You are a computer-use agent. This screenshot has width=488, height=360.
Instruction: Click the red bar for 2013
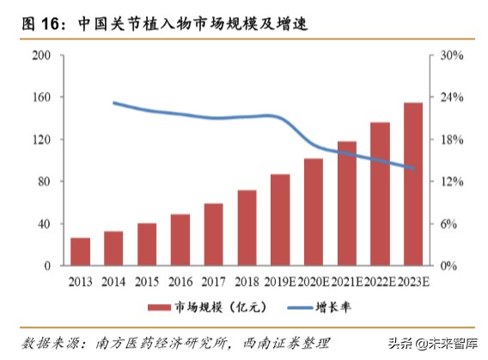[80, 252]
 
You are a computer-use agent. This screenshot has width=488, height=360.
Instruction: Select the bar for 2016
[180, 240]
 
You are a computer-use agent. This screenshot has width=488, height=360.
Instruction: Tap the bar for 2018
[247, 228]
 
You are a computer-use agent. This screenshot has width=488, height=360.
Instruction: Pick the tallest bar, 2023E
[413, 184]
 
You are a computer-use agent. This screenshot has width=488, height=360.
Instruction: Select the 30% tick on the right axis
[453, 56]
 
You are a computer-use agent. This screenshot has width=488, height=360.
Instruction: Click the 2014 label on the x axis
[113, 281]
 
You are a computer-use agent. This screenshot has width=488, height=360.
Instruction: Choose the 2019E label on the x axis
[279, 281]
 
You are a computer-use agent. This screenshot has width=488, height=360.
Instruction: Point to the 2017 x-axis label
[213, 281]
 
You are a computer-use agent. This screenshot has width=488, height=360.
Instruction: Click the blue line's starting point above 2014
[113, 102]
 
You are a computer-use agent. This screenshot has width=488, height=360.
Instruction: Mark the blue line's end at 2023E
[415, 168]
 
